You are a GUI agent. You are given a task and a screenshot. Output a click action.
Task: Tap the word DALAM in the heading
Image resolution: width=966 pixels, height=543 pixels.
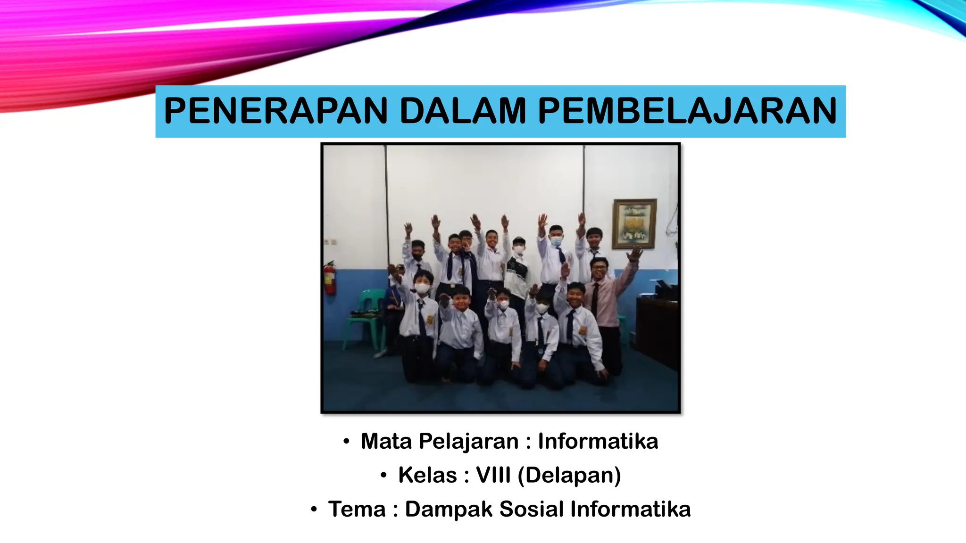462,111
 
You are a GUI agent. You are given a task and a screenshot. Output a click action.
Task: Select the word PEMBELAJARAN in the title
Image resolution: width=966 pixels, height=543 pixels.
687,111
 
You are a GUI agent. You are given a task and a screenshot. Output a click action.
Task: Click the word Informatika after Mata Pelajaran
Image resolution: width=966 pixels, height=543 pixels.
598,442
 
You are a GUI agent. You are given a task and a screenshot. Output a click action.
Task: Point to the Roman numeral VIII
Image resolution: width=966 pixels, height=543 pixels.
493,475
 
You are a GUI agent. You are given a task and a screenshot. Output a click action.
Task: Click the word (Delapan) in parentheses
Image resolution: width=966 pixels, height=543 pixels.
569,475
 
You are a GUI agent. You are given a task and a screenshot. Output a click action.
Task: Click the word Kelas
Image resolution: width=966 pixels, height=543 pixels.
427,475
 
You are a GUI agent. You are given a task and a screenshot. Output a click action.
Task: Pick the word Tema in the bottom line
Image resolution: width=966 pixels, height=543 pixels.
357,510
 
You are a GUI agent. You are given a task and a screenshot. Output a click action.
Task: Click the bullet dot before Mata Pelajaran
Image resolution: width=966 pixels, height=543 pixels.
346,442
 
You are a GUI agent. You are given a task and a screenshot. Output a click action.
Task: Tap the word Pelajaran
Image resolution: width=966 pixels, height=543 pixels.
468,442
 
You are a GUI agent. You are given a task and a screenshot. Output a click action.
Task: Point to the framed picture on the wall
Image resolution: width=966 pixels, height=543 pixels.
634,223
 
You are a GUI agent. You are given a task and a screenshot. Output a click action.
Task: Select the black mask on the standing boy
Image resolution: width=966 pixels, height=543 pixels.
417,257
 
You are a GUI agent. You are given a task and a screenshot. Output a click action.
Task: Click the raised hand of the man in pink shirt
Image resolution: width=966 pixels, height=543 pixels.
635,254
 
